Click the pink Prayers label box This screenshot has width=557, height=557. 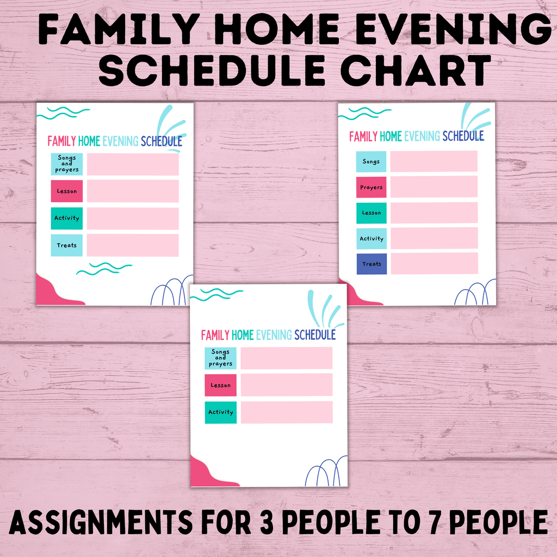[372, 187]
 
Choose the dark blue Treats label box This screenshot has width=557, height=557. [372, 264]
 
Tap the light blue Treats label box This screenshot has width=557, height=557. [67, 245]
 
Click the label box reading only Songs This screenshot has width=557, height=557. [372, 162]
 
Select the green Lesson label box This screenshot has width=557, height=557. [372, 213]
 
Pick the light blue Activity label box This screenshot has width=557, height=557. [372, 238]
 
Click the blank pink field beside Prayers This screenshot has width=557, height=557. [434, 187]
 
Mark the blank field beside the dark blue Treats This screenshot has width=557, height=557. [434, 263]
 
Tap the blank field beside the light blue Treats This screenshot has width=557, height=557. [133, 245]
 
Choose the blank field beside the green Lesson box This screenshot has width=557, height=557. [434, 213]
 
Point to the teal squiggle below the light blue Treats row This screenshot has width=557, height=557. [104, 268]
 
